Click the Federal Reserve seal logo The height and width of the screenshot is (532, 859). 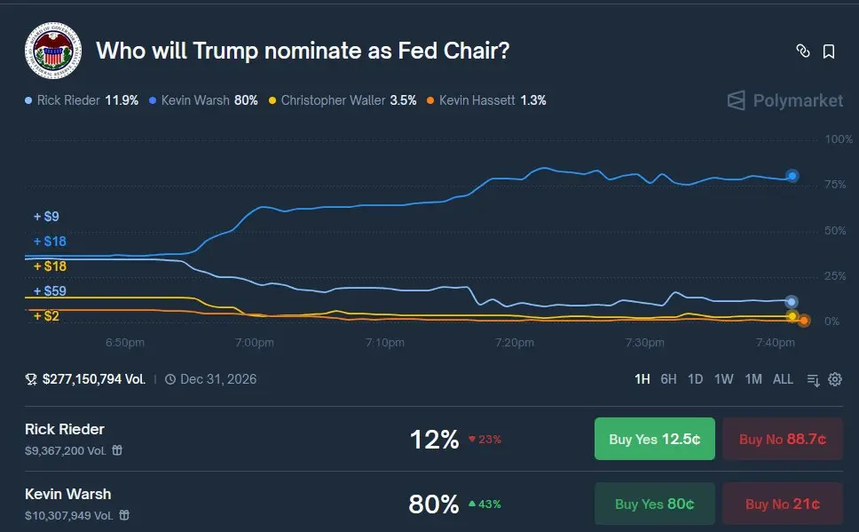(x=52, y=52)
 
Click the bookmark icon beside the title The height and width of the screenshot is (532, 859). (x=829, y=52)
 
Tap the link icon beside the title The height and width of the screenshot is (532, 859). (x=802, y=52)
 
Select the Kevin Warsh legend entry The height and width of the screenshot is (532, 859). (x=204, y=100)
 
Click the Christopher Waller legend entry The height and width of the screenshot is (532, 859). (x=343, y=100)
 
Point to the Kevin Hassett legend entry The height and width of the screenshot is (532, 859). (x=486, y=100)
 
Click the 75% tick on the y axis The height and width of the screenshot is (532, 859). (x=838, y=185)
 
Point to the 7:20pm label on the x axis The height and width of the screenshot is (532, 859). (x=514, y=342)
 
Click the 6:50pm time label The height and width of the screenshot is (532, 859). (x=125, y=342)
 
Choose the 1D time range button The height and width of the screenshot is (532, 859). (x=696, y=379)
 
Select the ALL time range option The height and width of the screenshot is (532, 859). (x=783, y=379)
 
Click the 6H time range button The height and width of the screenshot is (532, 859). (x=668, y=379)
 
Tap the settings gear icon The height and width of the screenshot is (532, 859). (x=835, y=379)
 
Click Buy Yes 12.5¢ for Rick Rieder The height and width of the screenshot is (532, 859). (x=654, y=439)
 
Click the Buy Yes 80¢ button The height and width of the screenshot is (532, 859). (x=654, y=504)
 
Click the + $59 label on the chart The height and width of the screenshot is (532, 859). (x=50, y=291)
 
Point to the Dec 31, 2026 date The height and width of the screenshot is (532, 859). (x=218, y=379)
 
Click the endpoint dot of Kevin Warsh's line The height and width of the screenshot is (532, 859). (x=792, y=176)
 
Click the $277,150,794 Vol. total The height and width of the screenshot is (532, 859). (x=93, y=379)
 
